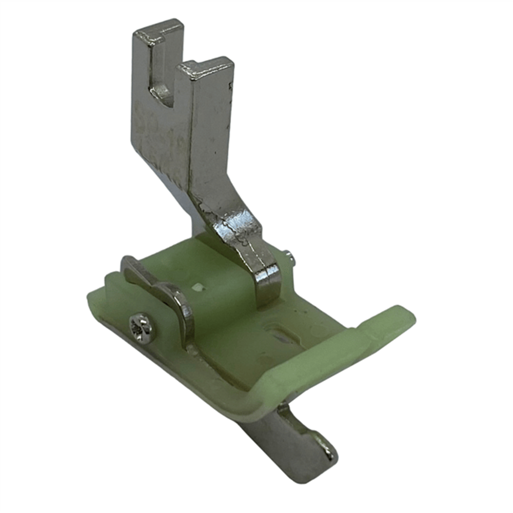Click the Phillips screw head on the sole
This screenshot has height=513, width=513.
pos(141,327)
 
